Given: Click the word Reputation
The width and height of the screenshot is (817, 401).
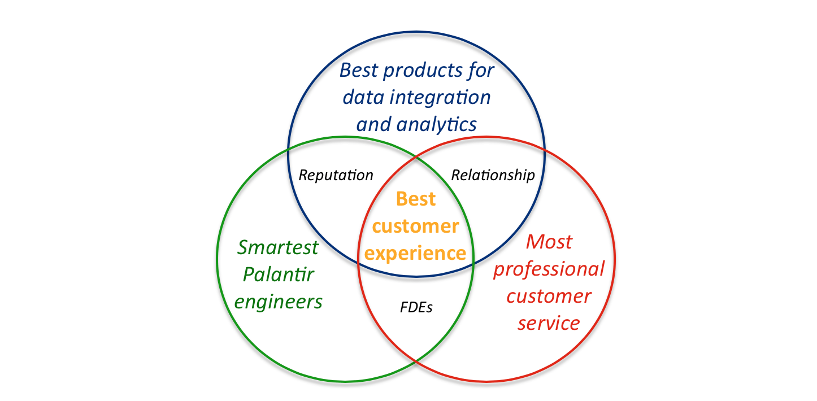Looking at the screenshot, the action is [x=336, y=176].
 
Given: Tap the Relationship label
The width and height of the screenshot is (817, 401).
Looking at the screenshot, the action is [x=493, y=175].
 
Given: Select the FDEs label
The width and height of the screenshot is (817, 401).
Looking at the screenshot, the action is [x=416, y=307].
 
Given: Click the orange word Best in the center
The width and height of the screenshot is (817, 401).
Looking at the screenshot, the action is [x=416, y=199].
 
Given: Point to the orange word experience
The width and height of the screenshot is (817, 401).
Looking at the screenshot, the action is [x=415, y=254].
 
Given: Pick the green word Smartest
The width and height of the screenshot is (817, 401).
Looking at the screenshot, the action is [x=278, y=247].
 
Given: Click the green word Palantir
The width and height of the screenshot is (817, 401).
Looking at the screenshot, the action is [x=279, y=274].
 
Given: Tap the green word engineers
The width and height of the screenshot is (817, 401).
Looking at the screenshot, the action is [x=279, y=302].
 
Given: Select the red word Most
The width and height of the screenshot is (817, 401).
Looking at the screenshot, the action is [x=549, y=242].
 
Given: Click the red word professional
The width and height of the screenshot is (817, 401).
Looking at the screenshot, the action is [x=549, y=269].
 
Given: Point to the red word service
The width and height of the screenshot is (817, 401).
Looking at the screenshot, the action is [x=549, y=324].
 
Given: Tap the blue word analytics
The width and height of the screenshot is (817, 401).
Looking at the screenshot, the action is [x=437, y=125].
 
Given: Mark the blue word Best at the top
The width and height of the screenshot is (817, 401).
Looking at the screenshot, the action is [x=359, y=70].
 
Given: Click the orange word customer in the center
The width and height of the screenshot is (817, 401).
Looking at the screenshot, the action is [x=415, y=226].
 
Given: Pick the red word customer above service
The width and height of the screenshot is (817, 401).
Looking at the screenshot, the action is [x=549, y=296].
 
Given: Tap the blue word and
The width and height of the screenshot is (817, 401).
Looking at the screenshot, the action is [x=374, y=125].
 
